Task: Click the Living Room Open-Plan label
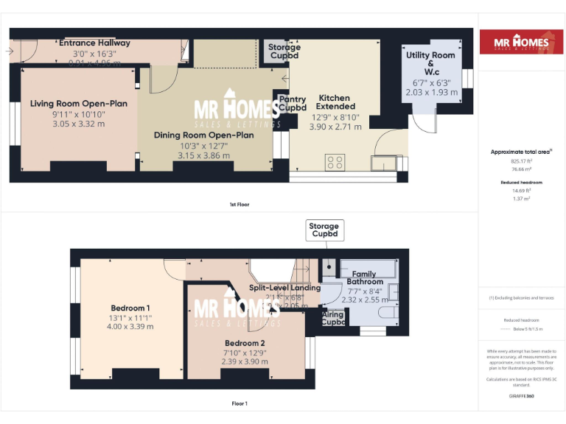pos(78,104)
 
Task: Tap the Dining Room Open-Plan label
pos(203,135)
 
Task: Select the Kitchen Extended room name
pos(334,102)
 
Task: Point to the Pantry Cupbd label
pos(293,104)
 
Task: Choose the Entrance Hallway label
pos(94,43)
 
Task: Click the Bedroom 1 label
pos(130,308)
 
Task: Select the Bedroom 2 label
pos(246,343)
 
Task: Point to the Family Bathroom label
pos(364,278)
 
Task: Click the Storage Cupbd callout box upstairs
pos(324,230)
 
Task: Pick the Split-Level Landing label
pos(284,288)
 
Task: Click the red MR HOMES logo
pos(515,42)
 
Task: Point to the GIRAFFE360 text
pos(521,396)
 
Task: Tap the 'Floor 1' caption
pos(239,403)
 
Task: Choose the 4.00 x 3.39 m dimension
pos(130,326)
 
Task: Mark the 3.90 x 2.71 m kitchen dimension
pos(335,127)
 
